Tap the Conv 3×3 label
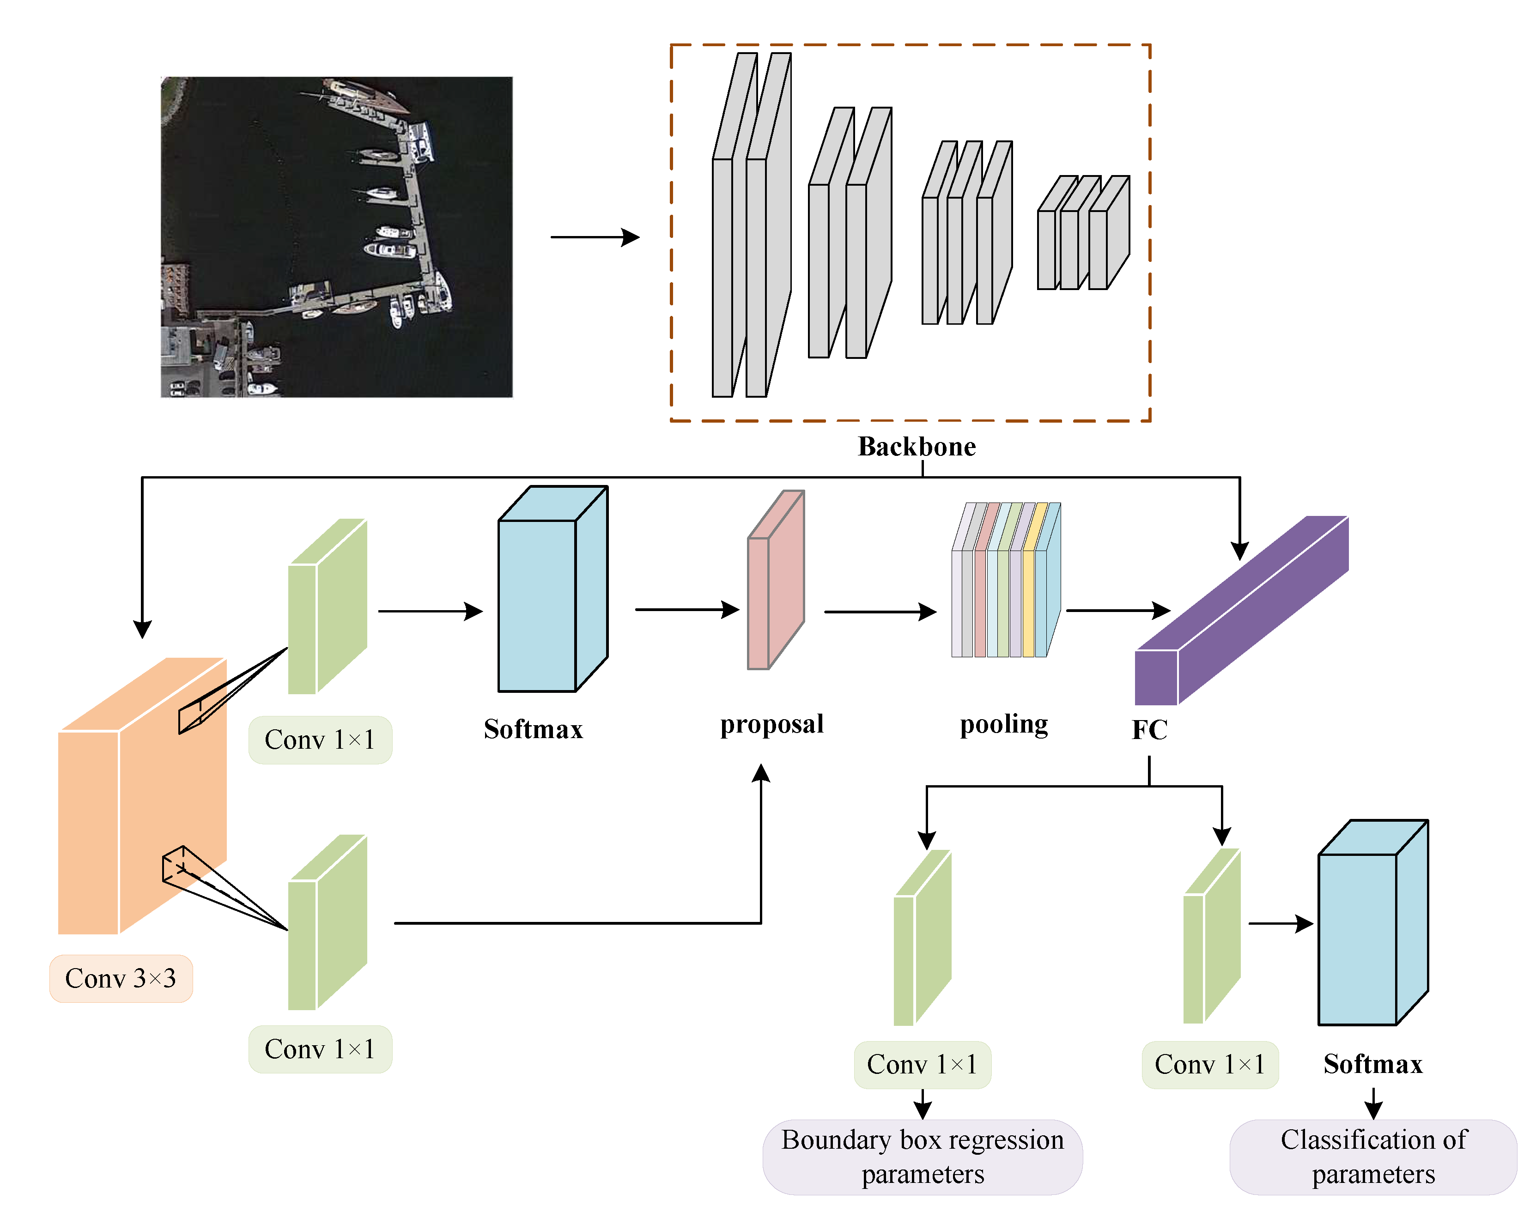click(x=121, y=978)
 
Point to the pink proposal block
click(x=775, y=581)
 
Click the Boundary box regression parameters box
click(x=922, y=1157)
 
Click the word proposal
click(x=771, y=724)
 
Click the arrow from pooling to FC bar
click(x=1117, y=611)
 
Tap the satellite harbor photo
click(x=336, y=237)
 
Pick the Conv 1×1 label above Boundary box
click(x=922, y=1064)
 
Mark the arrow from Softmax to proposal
click(x=686, y=610)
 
